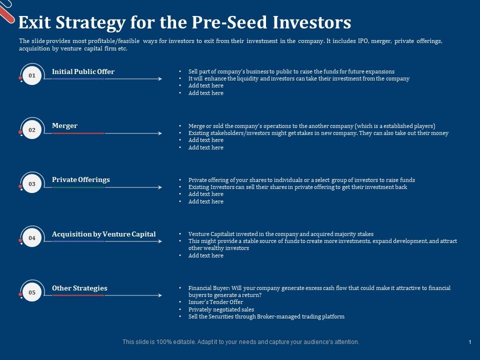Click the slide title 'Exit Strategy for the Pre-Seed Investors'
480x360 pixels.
(184, 23)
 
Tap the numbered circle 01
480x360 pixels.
(32, 75)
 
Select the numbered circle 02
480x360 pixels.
(32, 130)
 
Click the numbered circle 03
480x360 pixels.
(32, 184)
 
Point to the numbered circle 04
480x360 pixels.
(32, 238)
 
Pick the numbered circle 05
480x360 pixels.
(32, 292)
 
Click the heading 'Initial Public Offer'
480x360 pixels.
(83, 71)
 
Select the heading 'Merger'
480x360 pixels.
(64, 125)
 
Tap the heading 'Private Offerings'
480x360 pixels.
(80, 179)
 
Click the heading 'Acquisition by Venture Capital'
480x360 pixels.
(103, 234)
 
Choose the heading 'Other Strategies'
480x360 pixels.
(79, 288)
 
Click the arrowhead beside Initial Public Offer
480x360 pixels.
(159, 79)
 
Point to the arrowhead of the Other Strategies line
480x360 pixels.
(159, 295)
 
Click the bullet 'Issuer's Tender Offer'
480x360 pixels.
(215, 302)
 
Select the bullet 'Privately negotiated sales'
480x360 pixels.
(221, 309)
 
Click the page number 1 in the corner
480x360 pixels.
(470, 342)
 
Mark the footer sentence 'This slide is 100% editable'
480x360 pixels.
(240, 342)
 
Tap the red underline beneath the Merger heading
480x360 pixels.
(78, 133)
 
